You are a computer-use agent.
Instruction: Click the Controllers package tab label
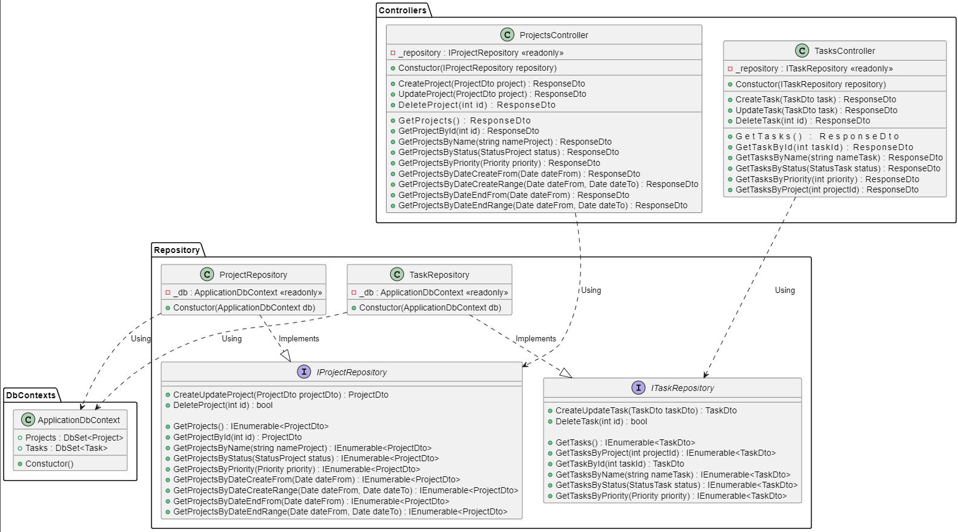pos(402,10)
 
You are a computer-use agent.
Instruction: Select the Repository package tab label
pos(176,250)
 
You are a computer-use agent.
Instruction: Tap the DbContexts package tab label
pos(31,395)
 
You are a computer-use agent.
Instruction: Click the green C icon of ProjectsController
pos(507,35)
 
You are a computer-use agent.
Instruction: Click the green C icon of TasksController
pos(802,51)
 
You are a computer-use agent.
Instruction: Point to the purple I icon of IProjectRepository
pos(304,372)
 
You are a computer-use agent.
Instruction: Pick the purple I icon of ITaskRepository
pos(638,387)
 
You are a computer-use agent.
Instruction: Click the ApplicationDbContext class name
pos(79,420)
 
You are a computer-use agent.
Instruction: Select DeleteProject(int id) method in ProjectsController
pos(476,105)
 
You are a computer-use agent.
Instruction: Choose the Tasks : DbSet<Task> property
pos(66,448)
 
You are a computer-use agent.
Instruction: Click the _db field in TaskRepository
pos(433,292)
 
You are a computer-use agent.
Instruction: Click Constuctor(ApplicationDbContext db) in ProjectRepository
pos(244,307)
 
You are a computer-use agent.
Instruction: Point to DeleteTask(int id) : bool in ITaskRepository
pos(600,421)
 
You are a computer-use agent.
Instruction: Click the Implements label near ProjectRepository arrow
pos(299,339)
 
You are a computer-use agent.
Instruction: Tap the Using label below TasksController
pos(785,291)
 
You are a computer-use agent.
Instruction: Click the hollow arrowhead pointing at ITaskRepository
pos(566,373)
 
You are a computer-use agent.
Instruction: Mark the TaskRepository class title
pos(439,275)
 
